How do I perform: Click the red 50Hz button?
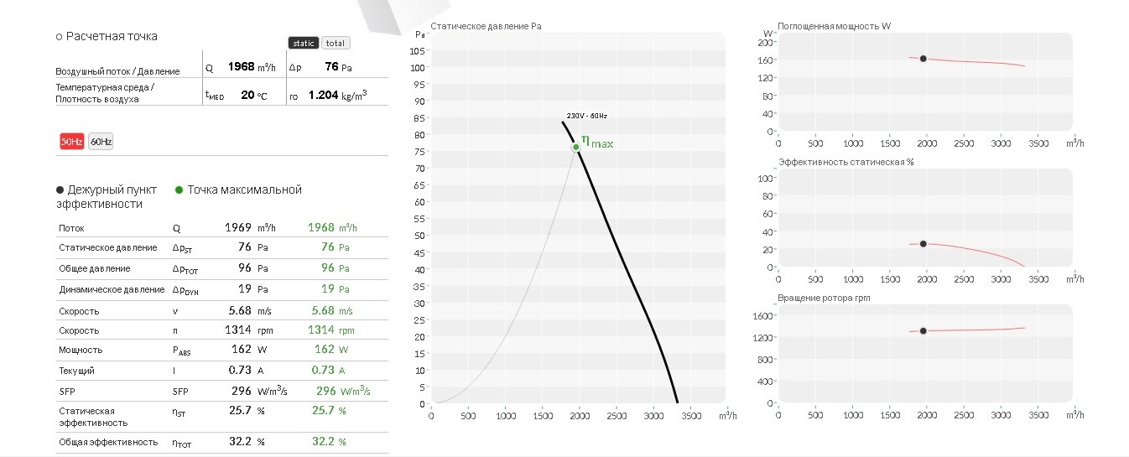coord(71,142)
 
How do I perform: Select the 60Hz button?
coord(101,142)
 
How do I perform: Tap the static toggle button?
coord(304,44)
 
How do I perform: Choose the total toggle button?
coord(336,44)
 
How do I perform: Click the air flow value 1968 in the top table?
coord(241,66)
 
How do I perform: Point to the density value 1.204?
coord(323,95)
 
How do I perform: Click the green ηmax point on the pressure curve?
coord(575,147)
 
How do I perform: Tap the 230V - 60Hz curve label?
coord(586,116)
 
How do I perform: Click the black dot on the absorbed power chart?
coord(923,59)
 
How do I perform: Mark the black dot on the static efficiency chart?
coord(923,244)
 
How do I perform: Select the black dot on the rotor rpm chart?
coord(923,331)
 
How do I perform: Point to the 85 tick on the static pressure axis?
coord(419,118)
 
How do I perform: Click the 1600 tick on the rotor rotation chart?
coord(762,316)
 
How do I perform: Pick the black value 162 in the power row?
coord(242,349)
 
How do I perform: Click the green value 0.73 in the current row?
coord(323,370)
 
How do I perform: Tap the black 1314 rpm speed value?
coord(238,330)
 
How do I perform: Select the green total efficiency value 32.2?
coord(323,441)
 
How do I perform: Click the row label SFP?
coord(67,392)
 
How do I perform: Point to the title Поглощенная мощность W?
coord(834,26)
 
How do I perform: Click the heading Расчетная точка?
coord(112,36)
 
